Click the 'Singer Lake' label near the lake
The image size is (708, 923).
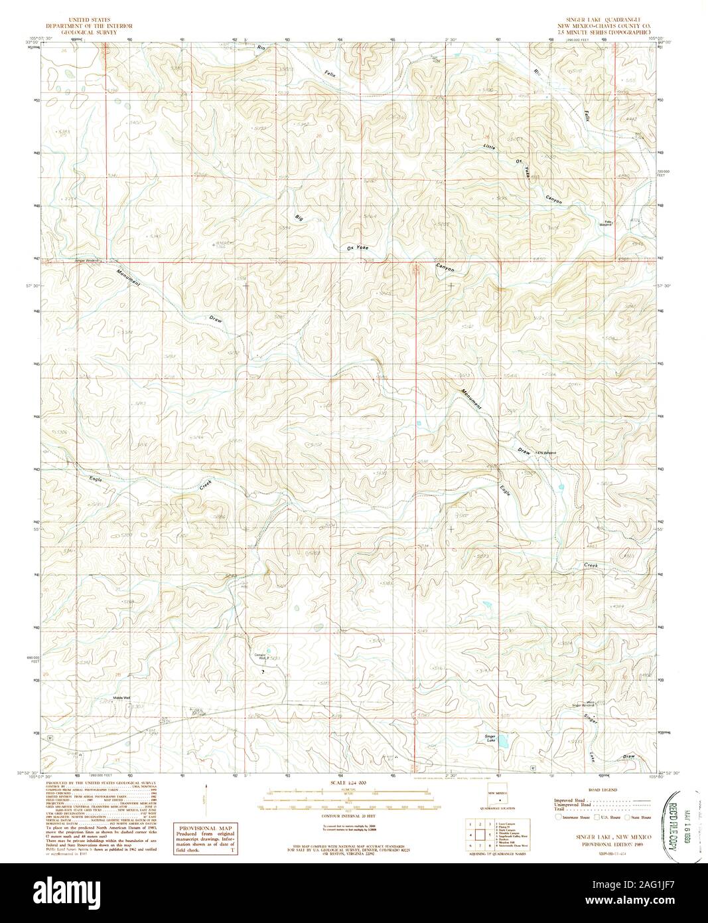tap(490, 738)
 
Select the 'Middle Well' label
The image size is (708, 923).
tap(122, 698)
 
